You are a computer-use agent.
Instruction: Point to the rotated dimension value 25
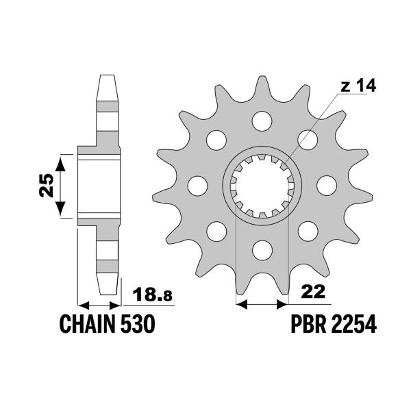(x=46, y=186)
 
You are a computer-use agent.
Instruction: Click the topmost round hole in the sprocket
(x=261, y=121)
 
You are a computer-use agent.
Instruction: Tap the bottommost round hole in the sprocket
(x=261, y=248)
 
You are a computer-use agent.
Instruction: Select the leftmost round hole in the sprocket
(x=197, y=185)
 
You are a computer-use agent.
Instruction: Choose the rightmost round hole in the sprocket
(x=325, y=185)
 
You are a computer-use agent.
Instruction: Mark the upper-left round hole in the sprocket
(x=216, y=140)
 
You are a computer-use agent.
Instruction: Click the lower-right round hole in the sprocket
(x=306, y=229)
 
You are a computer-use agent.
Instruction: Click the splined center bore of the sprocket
(x=261, y=185)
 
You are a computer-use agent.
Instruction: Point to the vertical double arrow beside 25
(x=62, y=186)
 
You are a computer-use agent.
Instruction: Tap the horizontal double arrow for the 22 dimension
(x=261, y=301)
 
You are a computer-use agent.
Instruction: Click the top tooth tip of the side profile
(x=108, y=77)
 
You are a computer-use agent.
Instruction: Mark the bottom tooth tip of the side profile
(x=108, y=288)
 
